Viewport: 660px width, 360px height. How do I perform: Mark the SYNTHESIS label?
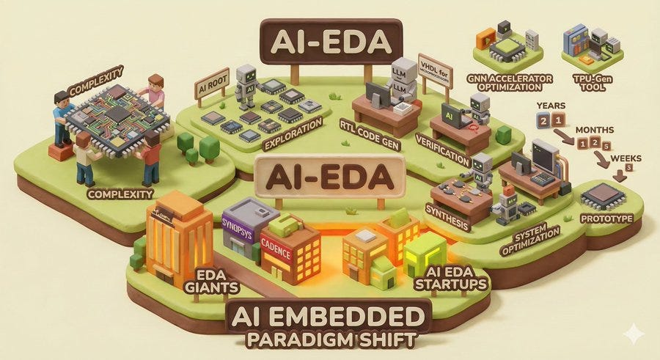(x=448, y=209)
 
